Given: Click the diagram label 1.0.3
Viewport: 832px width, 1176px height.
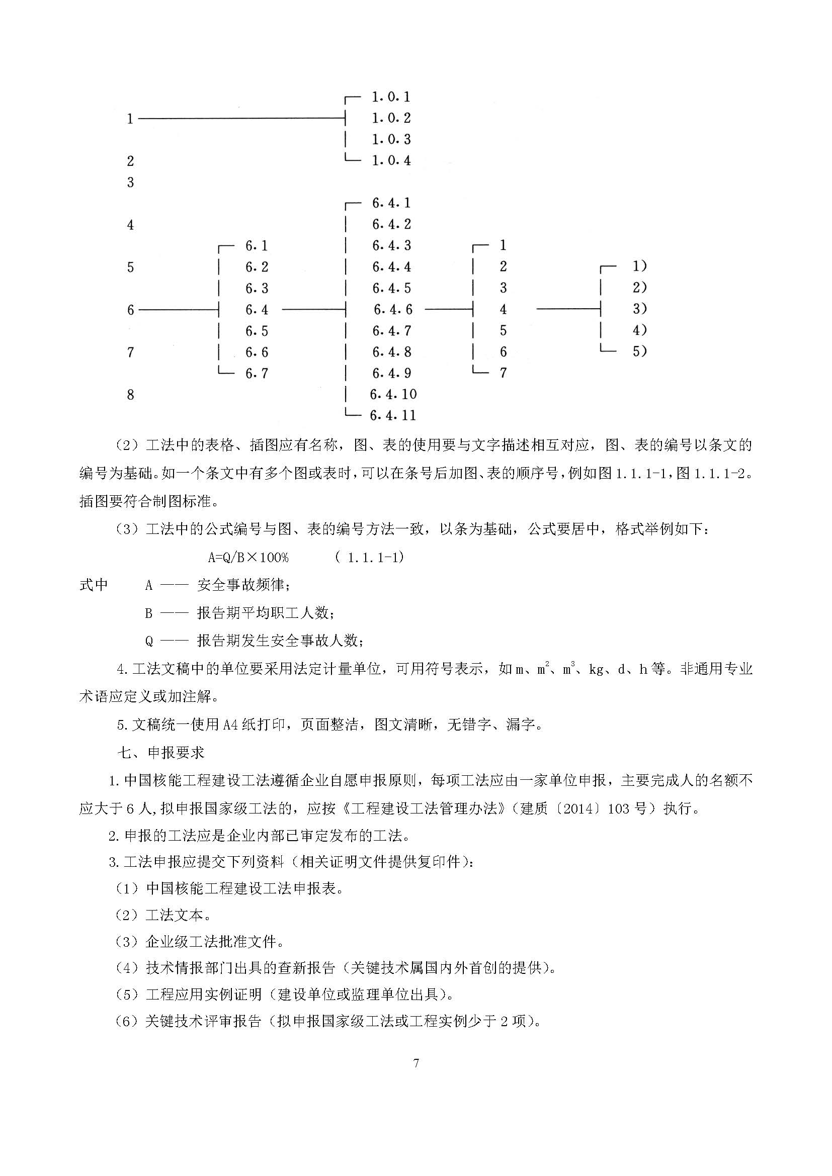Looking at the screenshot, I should click(x=391, y=139).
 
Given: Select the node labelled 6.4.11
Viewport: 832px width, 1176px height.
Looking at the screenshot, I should click(x=393, y=415).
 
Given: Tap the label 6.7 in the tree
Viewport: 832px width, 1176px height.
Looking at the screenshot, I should click(x=256, y=374).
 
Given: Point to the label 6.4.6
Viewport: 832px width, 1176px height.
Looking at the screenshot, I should click(x=392, y=309).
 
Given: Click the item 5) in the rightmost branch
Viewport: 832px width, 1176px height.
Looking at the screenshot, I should click(x=639, y=351).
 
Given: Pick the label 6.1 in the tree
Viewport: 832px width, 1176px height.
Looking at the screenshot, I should click(x=256, y=246).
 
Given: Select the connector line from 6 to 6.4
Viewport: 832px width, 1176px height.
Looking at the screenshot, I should click(x=178, y=309).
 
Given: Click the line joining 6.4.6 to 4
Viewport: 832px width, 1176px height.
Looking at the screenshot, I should click(x=448, y=309).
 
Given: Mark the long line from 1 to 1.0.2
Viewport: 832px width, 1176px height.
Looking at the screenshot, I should click(x=241, y=119).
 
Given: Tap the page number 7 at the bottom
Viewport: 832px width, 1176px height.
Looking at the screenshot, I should click(x=416, y=1063).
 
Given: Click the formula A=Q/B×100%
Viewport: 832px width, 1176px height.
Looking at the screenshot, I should click(x=248, y=557).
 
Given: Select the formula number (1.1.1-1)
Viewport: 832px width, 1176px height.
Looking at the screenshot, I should click(x=369, y=557).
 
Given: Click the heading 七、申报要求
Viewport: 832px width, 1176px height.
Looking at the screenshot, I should click(x=161, y=753).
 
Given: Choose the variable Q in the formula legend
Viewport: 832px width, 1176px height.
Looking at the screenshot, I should click(x=149, y=641).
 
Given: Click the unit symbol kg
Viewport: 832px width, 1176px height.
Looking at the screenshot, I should click(x=596, y=669).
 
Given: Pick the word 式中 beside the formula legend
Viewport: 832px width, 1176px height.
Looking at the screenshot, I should click(x=93, y=585).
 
